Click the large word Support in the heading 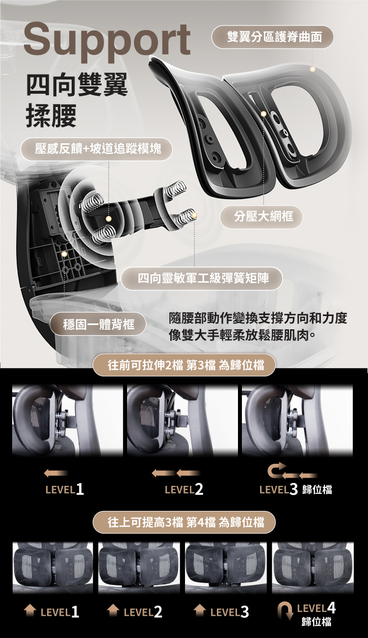(x=106, y=39)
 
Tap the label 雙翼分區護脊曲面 (x=272, y=37)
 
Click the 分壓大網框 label (x=262, y=216)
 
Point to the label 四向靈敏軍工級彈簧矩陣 (x=202, y=278)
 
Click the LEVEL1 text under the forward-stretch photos (x=64, y=489)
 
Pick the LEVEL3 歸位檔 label (x=295, y=489)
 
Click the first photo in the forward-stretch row (x=67, y=421)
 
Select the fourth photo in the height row (x=313, y=567)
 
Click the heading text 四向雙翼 (x=77, y=84)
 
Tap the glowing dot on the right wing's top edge (x=312, y=69)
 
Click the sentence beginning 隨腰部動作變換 (x=257, y=319)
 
